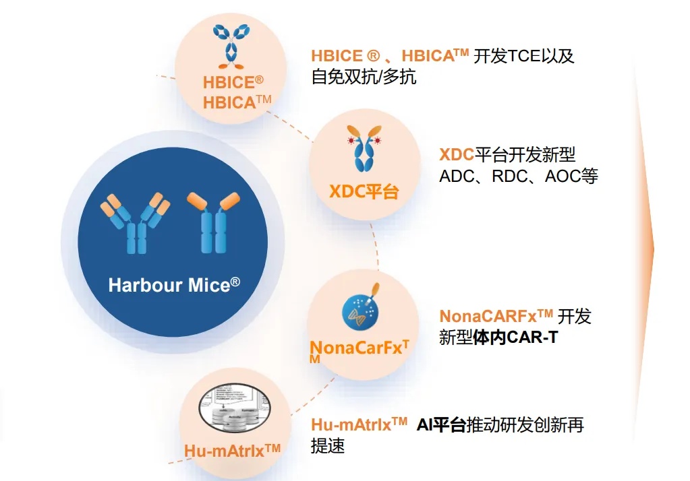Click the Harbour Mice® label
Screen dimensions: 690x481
point(174,284)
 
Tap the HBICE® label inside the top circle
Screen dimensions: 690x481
point(233,82)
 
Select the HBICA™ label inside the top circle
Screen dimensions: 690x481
point(237,102)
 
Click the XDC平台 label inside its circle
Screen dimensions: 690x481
point(364,192)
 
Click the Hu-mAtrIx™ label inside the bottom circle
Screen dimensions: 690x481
point(232,451)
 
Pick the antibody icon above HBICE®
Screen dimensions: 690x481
point(231,46)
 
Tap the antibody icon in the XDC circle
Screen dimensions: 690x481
point(364,148)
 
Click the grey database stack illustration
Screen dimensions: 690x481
point(234,408)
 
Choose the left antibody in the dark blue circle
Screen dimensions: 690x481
point(135,223)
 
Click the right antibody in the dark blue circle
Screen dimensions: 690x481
point(213,222)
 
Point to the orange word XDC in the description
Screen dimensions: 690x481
point(457,155)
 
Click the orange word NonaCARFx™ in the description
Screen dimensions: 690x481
point(496,316)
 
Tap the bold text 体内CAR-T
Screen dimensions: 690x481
point(515,338)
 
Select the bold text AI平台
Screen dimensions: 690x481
point(441,425)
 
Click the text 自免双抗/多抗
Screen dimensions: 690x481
point(364,77)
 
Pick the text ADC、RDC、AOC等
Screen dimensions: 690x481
point(519,177)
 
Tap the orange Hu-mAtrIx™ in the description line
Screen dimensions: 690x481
point(359,424)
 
